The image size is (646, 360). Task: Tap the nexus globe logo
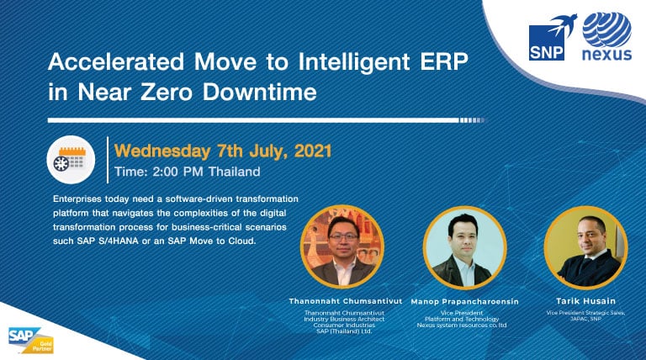(x=606, y=37)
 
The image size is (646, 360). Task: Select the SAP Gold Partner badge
(x=31, y=340)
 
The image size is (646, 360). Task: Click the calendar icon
(x=71, y=160)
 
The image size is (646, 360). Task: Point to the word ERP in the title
(x=444, y=61)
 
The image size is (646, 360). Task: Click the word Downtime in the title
(x=260, y=92)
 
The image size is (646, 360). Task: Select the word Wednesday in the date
(x=162, y=151)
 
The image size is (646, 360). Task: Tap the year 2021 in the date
(x=313, y=151)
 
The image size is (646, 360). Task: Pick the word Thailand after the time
(x=235, y=172)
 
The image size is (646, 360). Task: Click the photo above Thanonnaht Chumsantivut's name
(x=343, y=246)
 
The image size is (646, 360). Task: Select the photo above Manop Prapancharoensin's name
(x=464, y=247)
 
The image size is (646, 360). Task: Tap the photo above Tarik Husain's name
(x=585, y=247)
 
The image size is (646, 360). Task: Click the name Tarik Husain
(x=585, y=301)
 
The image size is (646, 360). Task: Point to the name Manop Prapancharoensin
(x=464, y=301)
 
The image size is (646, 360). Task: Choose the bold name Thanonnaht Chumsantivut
(x=346, y=301)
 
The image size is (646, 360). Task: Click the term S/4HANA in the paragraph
(x=119, y=241)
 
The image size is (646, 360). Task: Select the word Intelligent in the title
(x=354, y=62)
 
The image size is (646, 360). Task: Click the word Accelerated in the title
(x=116, y=61)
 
